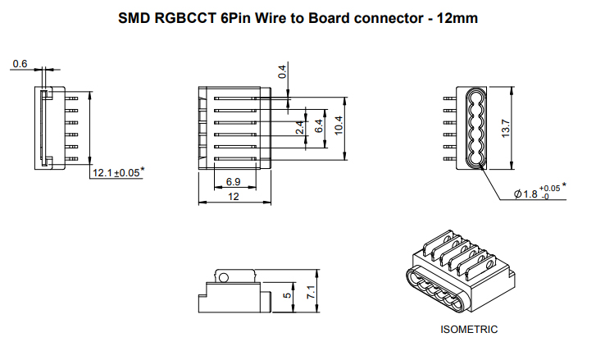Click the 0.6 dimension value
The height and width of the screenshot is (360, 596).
tap(20, 64)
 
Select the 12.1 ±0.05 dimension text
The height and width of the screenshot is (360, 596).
tap(116, 173)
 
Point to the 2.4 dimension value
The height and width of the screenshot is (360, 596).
tap(301, 128)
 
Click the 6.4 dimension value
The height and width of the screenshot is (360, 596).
tap(319, 127)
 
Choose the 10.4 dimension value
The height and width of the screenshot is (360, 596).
tap(338, 125)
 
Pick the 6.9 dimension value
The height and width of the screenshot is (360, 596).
tap(232, 181)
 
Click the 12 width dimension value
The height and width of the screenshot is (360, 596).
tap(234, 196)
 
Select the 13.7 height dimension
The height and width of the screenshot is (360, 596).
tap(507, 127)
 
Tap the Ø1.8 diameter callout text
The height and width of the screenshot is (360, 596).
tap(525, 194)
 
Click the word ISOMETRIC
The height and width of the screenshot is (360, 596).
tap(469, 330)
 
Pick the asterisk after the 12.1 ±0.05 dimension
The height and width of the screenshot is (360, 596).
tap(143, 170)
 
